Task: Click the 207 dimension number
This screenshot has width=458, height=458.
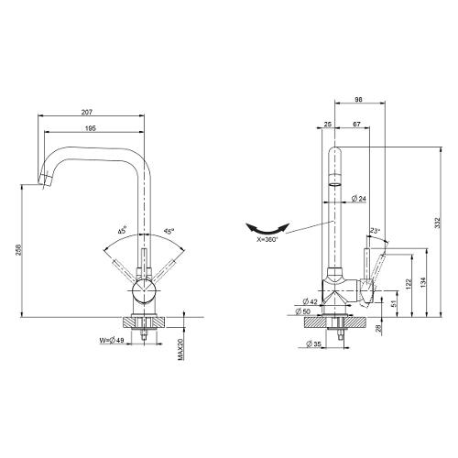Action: [87, 112]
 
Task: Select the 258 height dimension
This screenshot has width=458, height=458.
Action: [18, 250]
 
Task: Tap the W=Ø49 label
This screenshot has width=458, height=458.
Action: [112, 340]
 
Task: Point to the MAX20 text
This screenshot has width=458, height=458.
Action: [180, 349]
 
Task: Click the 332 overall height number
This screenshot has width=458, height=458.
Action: [438, 223]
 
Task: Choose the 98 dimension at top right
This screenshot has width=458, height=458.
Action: [359, 99]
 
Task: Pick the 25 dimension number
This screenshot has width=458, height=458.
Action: [328, 124]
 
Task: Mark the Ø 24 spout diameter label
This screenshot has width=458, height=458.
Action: [358, 199]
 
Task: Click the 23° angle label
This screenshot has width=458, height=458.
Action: [375, 230]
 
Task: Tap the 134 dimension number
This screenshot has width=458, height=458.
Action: [422, 282]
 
